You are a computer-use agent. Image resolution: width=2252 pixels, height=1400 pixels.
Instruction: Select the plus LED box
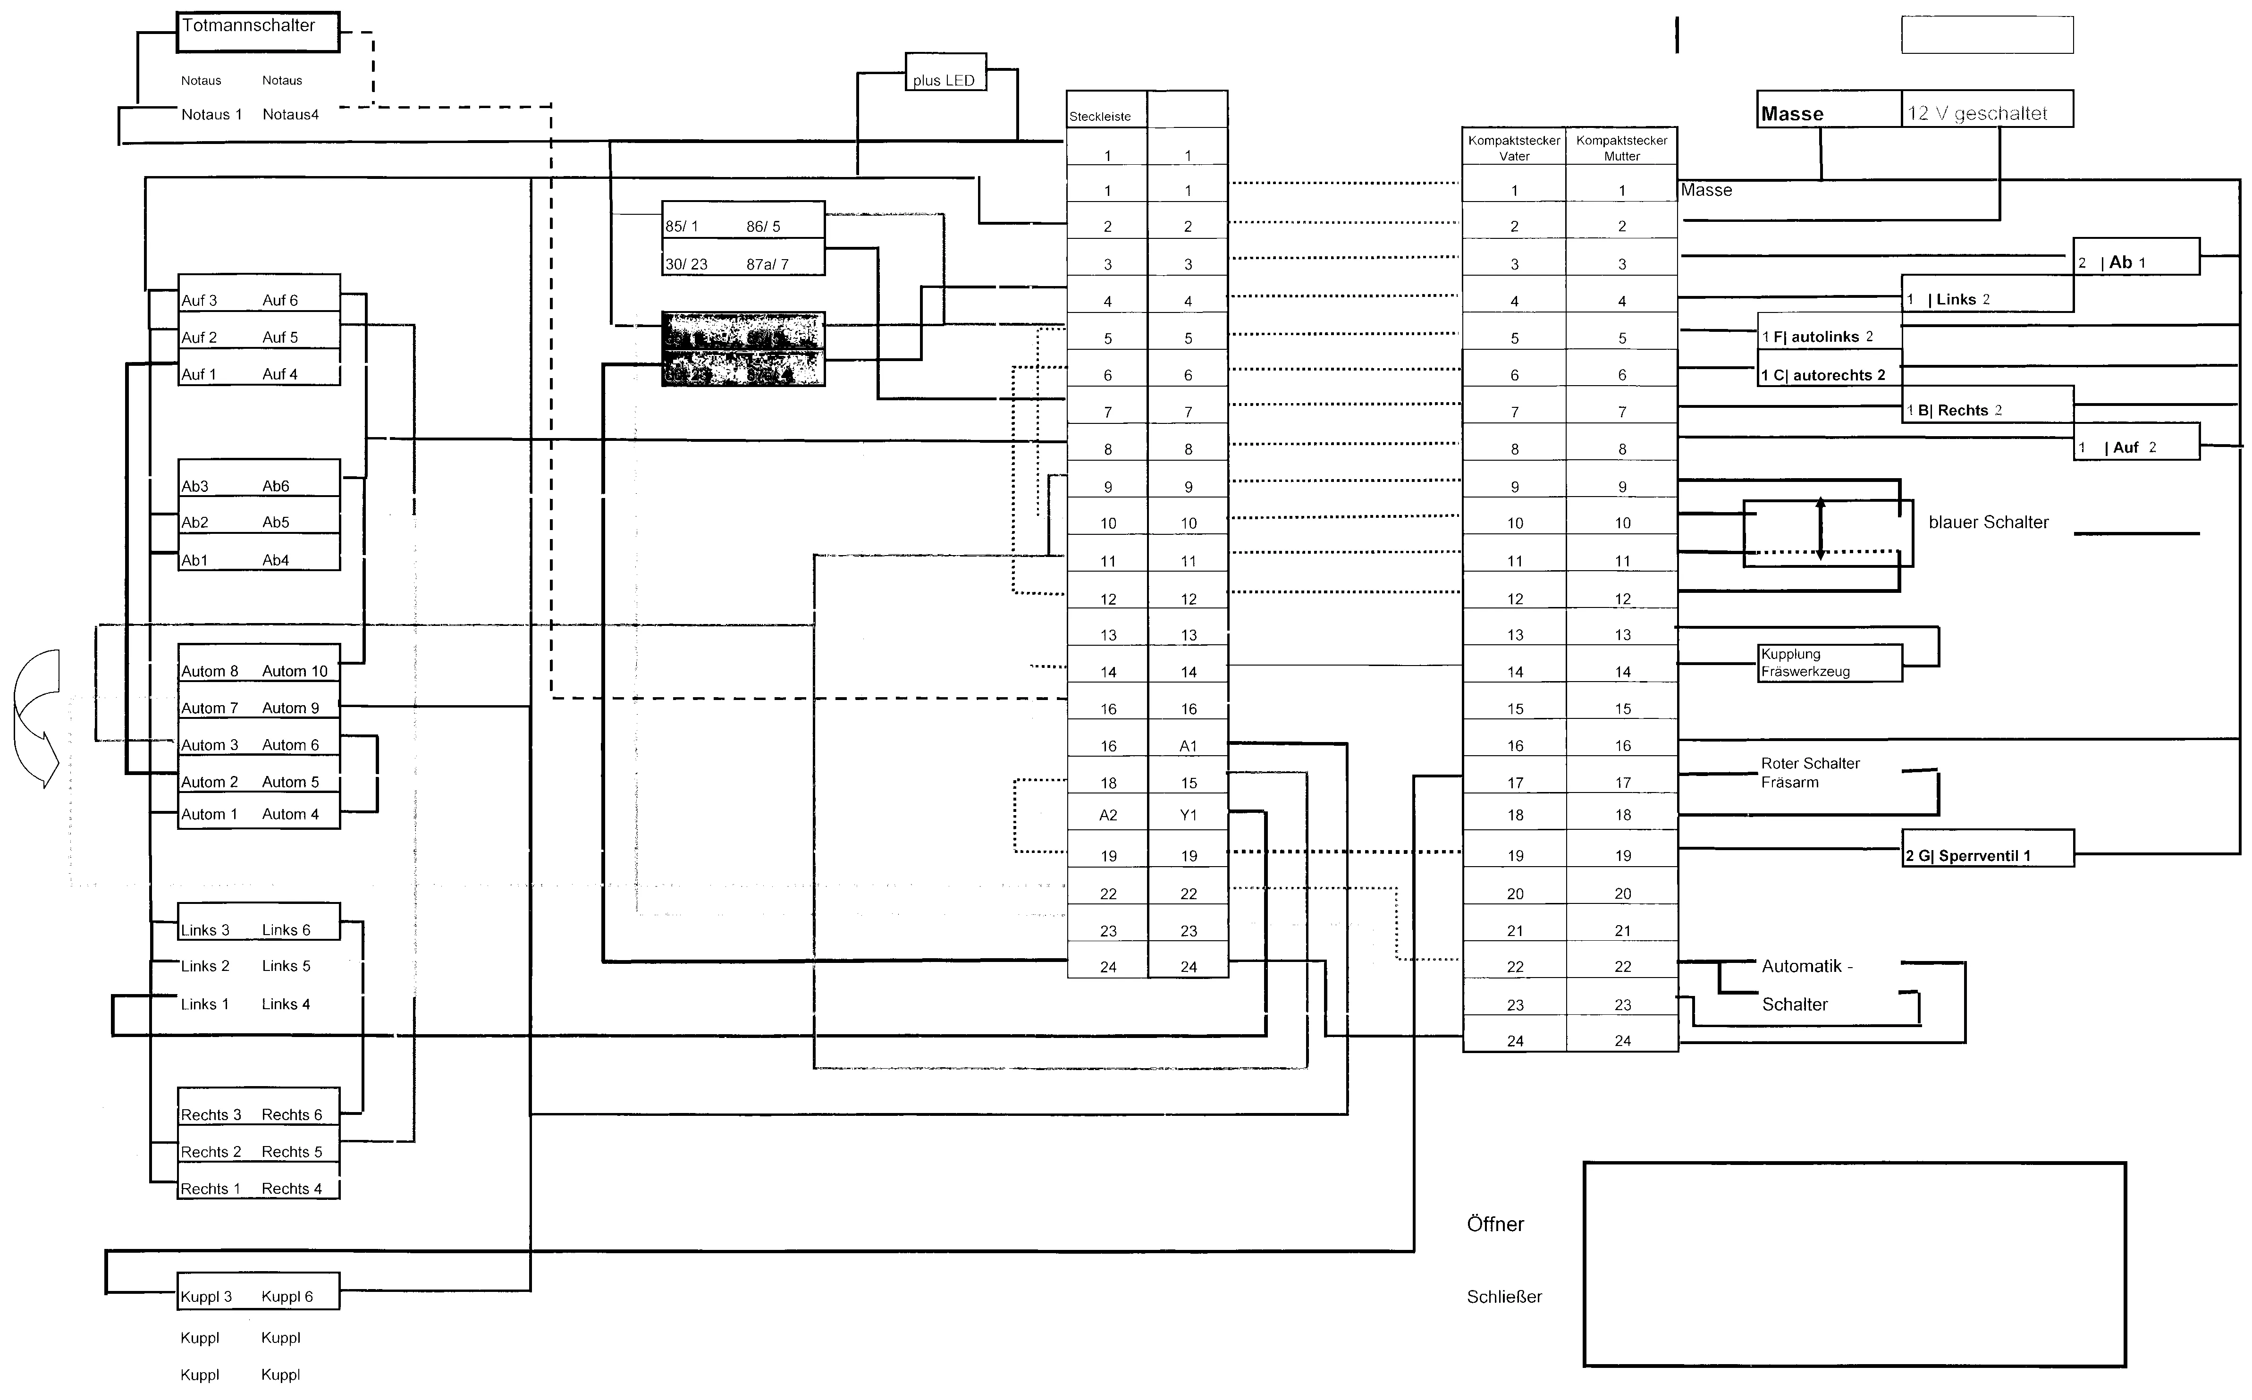(x=945, y=72)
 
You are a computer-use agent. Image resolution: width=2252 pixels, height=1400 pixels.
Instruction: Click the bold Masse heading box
(x=1828, y=109)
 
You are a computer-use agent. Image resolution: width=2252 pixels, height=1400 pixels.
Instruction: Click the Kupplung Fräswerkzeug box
(x=1829, y=663)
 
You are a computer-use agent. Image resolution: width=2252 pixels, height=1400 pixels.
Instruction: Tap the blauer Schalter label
(x=1988, y=522)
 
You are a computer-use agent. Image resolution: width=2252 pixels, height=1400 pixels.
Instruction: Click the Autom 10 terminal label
(x=295, y=671)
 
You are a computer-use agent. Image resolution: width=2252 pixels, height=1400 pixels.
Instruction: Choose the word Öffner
(x=1494, y=1224)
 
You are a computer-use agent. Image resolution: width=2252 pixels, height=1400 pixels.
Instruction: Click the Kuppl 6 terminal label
(x=287, y=1296)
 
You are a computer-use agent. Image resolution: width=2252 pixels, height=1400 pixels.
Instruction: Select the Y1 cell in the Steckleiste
(x=1188, y=815)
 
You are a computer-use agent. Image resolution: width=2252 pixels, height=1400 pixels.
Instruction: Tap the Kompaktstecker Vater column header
(x=1514, y=147)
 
